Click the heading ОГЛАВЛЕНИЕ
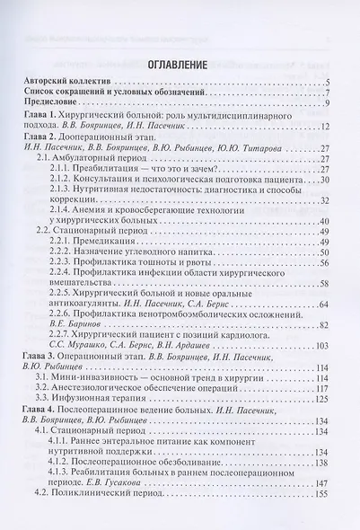180,65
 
